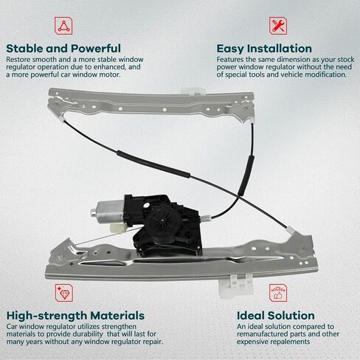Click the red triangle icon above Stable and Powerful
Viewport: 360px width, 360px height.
[63, 26]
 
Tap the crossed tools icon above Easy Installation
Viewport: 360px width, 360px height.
[278, 26]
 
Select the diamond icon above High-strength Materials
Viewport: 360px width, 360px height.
[64, 293]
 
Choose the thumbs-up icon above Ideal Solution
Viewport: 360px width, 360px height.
[278, 293]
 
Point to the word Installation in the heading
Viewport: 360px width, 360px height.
[280, 49]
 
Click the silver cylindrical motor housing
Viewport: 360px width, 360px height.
[108, 212]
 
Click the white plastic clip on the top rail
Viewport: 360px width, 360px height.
[193, 91]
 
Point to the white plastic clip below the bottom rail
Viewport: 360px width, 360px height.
[237, 285]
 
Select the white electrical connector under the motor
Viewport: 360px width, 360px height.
[118, 228]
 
